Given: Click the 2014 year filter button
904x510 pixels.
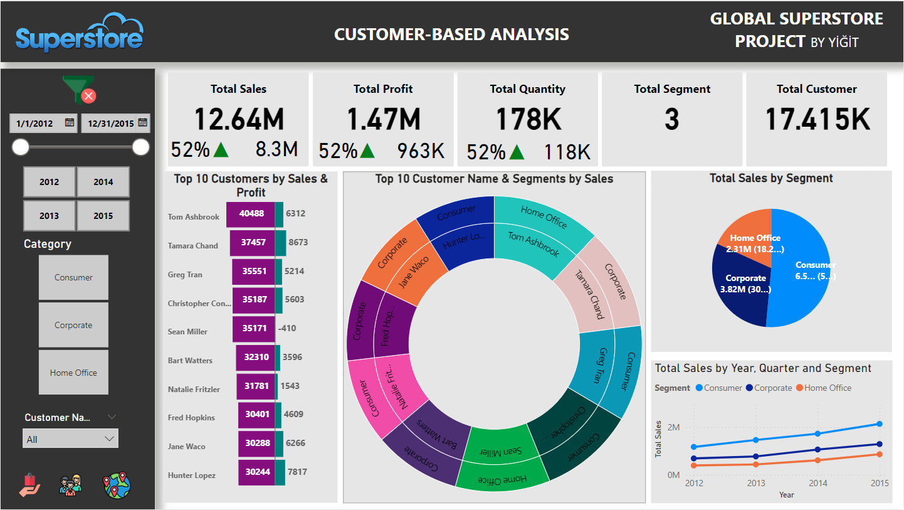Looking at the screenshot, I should [x=103, y=182].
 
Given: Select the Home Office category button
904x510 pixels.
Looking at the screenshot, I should [x=73, y=373].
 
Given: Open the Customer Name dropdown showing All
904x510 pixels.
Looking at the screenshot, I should [x=70, y=439].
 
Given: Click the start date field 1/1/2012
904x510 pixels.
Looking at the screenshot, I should [x=43, y=123].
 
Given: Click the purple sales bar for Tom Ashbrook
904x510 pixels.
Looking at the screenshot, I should [x=251, y=213].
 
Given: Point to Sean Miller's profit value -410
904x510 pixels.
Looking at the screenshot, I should [x=288, y=328].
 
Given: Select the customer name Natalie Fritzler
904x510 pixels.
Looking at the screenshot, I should [x=194, y=390].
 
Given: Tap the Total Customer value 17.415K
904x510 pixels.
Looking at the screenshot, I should [x=817, y=119].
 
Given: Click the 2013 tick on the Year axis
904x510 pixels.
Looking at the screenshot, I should [x=756, y=483].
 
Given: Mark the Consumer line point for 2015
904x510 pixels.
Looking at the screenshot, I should [x=880, y=424].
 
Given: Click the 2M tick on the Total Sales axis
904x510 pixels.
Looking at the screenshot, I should [x=673, y=428].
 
